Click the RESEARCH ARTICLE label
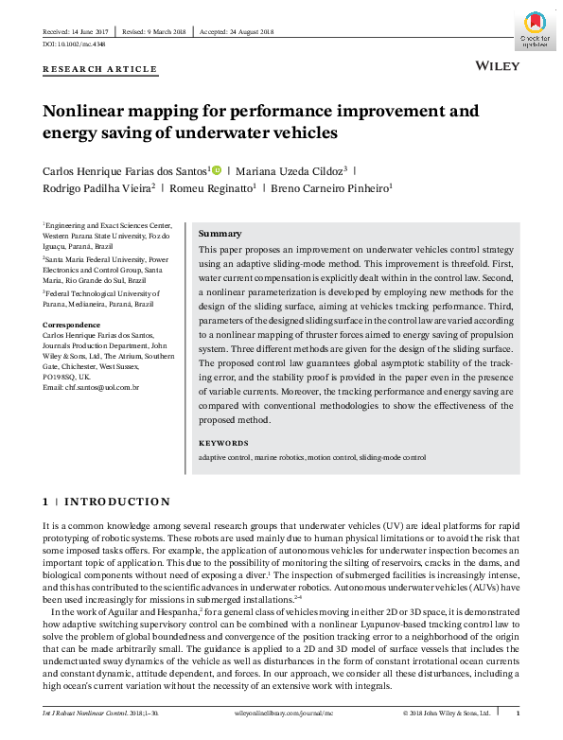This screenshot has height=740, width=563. [x=99, y=70]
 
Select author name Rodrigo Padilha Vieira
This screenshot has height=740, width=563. [x=96, y=188]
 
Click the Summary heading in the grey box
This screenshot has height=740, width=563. [x=220, y=234]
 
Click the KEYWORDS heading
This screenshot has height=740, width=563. [x=223, y=443]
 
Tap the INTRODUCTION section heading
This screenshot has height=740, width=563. [x=117, y=502]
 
